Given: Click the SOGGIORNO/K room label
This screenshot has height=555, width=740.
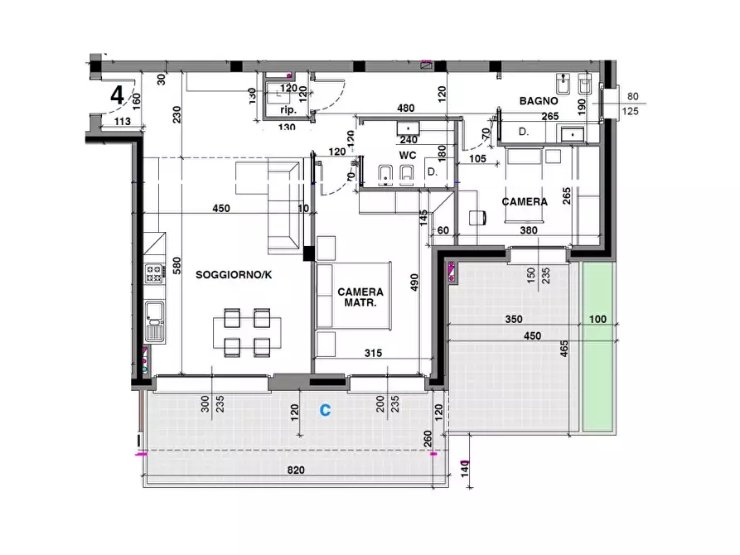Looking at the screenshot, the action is point(234,275).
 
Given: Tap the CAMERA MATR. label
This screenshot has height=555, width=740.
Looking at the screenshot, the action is point(360,297).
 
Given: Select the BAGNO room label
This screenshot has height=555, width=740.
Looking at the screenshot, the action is point(539,100).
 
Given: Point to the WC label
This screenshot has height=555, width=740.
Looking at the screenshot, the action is point(408,155).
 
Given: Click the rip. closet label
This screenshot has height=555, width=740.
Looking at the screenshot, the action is point(288,110).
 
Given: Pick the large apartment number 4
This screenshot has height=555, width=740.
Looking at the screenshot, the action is point(117,95).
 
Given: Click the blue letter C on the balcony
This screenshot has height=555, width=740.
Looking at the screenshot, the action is point(325,410).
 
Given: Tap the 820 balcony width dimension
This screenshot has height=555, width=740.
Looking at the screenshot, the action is point(296,470).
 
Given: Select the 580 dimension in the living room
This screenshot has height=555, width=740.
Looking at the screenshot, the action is point(177,266).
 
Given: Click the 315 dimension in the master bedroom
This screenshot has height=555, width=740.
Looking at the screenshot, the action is point(373,353).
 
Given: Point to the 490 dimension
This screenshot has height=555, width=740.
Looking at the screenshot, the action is point(414,282).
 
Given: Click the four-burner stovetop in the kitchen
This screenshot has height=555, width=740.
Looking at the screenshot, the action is point(153,273).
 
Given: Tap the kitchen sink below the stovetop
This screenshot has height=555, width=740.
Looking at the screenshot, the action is point(154,321).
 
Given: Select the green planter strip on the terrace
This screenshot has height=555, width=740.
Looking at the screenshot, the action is point(598,346).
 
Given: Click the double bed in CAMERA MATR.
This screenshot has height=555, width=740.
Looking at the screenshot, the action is point(354,296).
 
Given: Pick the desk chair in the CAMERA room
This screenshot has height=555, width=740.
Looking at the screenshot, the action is point(477,218).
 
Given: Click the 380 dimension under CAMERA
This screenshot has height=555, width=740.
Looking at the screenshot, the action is point(529,230).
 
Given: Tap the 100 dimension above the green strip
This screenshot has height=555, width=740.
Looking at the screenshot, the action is point(597,319).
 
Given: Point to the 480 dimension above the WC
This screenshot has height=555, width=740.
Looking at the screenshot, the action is point(406,108).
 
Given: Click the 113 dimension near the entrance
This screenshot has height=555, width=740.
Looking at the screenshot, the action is point(123,121).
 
